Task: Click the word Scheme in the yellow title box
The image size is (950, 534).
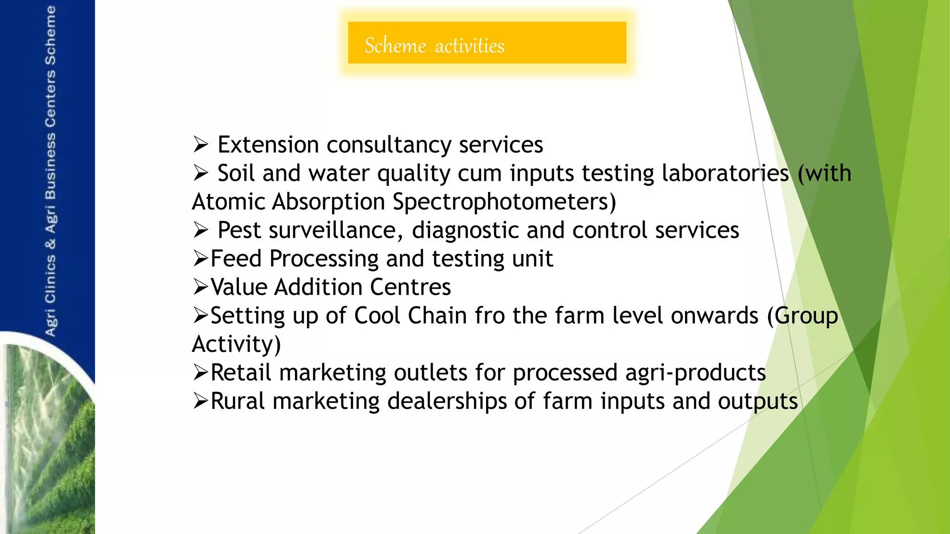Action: (395, 45)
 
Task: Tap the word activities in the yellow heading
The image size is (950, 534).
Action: (469, 46)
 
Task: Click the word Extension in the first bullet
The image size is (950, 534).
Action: (268, 145)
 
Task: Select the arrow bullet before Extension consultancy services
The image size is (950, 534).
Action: (201, 145)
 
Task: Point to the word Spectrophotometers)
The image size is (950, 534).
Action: (504, 202)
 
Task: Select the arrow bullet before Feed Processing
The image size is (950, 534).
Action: (201, 259)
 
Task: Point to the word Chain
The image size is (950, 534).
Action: (436, 316)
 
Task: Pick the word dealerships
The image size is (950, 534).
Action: (447, 401)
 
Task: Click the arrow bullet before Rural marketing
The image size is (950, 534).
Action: (201, 401)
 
